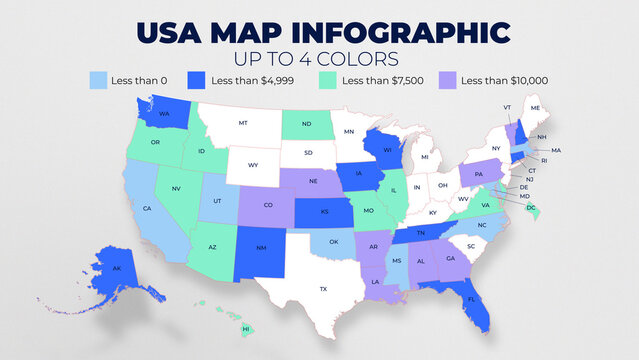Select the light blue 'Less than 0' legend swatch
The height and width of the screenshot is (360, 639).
(x=99, y=80)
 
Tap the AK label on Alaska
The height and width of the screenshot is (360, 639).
(x=117, y=268)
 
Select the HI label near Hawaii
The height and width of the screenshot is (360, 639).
(x=246, y=328)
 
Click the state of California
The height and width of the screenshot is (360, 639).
(x=148, y=210)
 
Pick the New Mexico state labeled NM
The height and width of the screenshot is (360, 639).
(x=259, y=247)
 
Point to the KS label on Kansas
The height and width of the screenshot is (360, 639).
(x=324, y=213)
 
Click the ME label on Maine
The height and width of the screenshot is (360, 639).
(x=536, y=108)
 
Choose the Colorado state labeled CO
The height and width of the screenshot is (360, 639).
(x=268, y=205)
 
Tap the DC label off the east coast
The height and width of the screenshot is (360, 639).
(x=531, y=207)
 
